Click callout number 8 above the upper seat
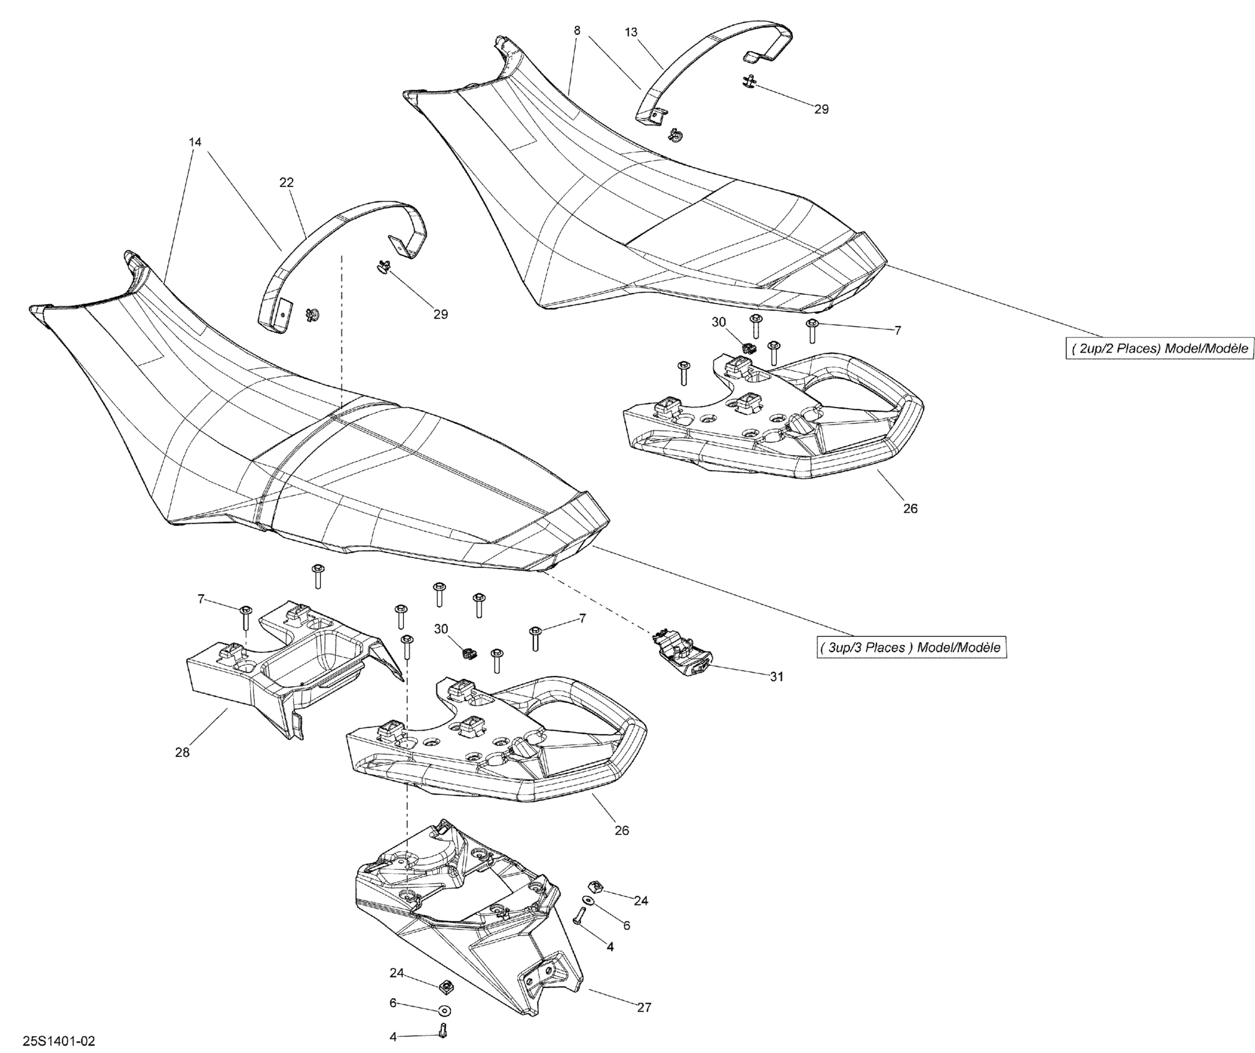click(x=577, y=30)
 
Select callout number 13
click(x=631, y=32)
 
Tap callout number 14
click(x=195, y=142)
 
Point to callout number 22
click(x=286, y=183)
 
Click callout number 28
click(x=182, y=753)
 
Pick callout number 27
click(x=644, y=1008)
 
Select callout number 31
click(x=776, y=677)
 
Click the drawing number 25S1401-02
click(x=59, y=1041)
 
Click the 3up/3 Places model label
click(x=910, y=647)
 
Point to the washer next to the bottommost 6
click(x=444, y=1011)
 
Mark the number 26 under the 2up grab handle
click(x=910, y=509)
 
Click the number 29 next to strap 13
click(x=821, y=109)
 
